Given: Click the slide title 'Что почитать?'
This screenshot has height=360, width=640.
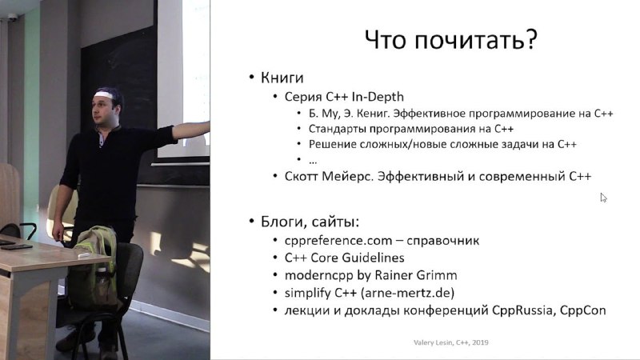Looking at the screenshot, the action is point(450,40).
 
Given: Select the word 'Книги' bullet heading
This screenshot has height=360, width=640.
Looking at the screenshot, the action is point(282,78).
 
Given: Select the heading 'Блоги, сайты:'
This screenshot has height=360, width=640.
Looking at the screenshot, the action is point(310,222).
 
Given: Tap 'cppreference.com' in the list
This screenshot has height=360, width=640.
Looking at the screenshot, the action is point(338,241).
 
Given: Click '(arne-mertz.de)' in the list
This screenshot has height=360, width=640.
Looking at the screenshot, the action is point(408,293).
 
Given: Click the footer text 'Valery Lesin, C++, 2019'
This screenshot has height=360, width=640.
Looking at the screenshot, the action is point(451,342).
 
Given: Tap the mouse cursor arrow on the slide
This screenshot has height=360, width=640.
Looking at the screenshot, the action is point(603,198).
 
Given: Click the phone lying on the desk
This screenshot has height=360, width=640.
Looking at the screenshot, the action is point(16,247).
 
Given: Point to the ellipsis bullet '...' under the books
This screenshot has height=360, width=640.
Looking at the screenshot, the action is point(313,162).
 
